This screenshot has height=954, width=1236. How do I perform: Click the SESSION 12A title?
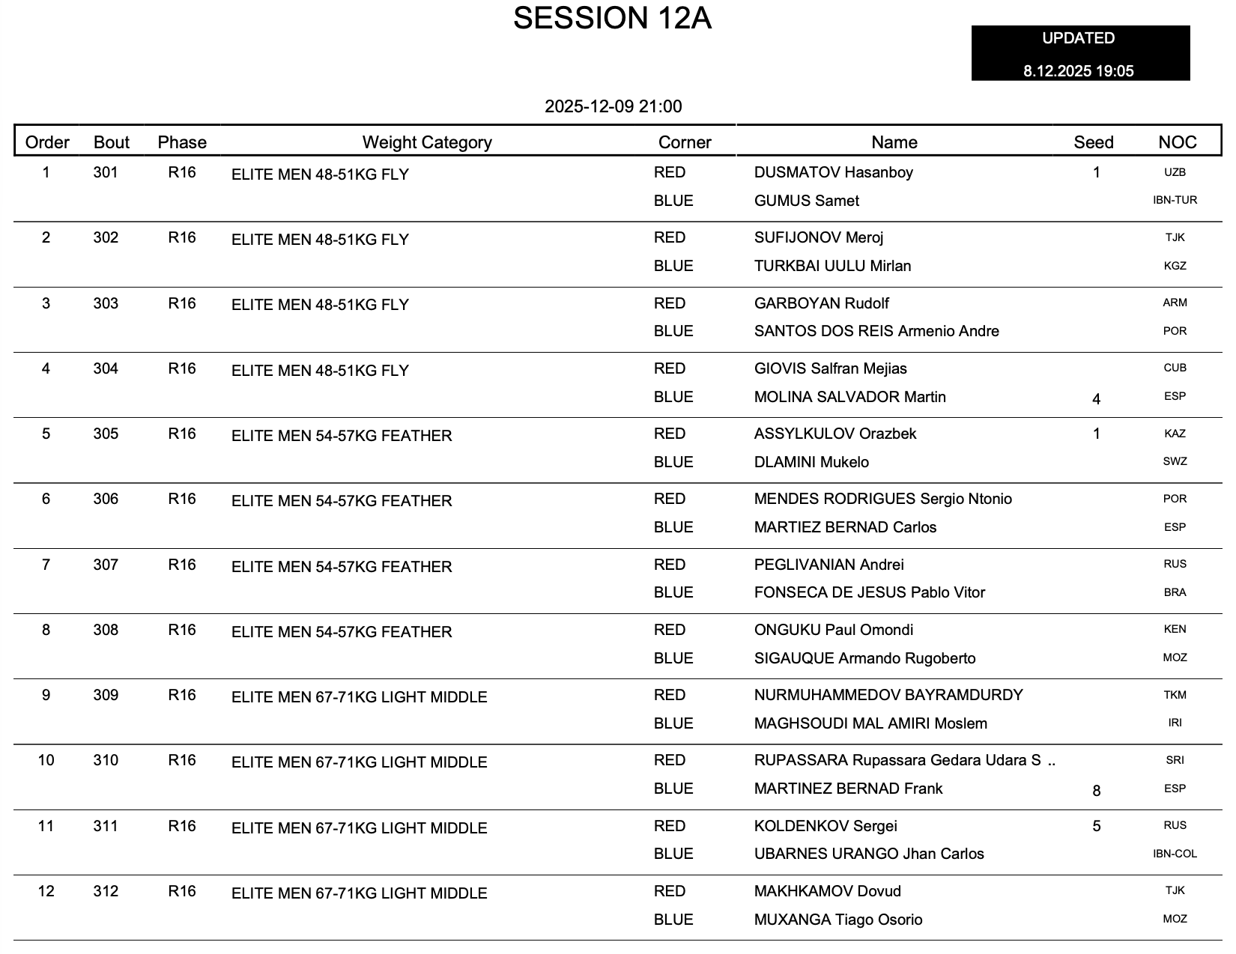coord(612,19)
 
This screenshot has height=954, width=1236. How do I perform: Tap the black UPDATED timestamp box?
coord(1079,54)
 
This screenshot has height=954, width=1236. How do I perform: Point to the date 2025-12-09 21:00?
coord(613,106)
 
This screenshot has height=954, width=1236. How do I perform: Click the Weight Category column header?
coord(427,142)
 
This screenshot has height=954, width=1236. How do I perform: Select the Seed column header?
coord(1093,142)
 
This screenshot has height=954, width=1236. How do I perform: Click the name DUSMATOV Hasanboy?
coord(833,172)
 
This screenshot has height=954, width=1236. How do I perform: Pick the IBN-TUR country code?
coord(1175,200)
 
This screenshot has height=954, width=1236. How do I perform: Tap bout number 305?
coord(106,434)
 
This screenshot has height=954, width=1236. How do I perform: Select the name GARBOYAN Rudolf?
coord(821,303)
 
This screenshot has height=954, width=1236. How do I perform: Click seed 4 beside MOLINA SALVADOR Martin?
coord(1096,399)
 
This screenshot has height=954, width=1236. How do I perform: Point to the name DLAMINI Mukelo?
coord(811,462)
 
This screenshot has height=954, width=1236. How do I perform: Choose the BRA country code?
coord(1175,592)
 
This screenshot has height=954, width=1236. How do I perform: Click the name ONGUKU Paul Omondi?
coord(833,630)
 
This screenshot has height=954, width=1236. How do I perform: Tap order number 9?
coord(46,695)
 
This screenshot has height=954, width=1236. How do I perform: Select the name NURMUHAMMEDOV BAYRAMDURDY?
coord(888,695)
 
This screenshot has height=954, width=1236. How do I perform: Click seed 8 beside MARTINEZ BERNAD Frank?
coord(1096,791)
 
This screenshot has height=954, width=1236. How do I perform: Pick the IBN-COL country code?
coord(1175,854)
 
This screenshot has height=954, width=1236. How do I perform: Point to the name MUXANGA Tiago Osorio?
coord(837,920)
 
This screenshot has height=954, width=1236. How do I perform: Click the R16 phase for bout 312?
coord(182,891)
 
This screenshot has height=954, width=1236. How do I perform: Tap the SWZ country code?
coord(1175,461)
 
